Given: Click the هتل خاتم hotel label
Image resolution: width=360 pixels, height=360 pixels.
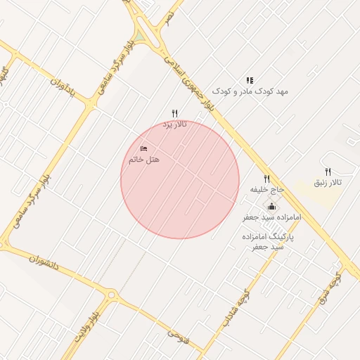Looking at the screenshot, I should click(144, 160).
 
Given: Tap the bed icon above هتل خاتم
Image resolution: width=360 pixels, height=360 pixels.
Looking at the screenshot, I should click(144, 149).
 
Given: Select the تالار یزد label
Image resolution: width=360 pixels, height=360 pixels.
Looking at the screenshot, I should click(175, 124).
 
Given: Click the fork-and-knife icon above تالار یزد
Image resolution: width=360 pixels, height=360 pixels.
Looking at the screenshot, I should click(175, 113).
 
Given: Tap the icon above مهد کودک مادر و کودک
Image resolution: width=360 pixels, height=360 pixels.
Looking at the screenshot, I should click(250, 81).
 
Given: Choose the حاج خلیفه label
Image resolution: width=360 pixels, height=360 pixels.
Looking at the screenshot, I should click(267, 190).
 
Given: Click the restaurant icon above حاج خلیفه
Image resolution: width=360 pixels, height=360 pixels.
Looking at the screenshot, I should click(267, 179).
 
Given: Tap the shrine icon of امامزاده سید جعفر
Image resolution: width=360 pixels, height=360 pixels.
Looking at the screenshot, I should click(271, 206).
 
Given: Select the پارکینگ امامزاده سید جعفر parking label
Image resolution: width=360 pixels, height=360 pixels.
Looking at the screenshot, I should click(271, 243).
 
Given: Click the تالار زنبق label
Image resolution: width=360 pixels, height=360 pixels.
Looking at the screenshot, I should click(328, 183).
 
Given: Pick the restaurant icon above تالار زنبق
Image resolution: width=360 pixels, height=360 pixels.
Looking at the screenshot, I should click(328, 172).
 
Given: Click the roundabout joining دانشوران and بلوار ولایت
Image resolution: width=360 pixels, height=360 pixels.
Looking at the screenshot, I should click(111, 295).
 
